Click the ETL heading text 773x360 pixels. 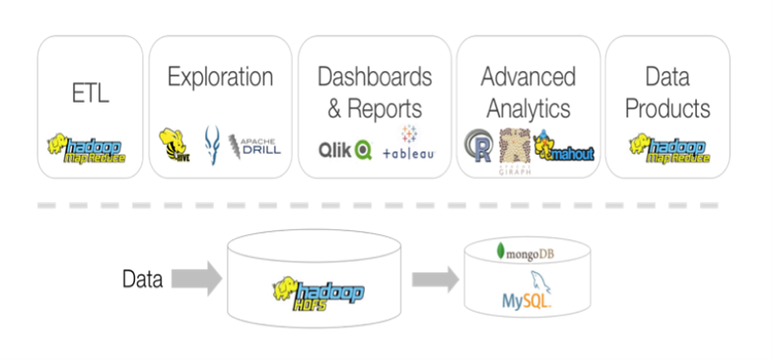[90, 94]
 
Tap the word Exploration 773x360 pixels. [220, 78]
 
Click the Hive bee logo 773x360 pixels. [172, 145]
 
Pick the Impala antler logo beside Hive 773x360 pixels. [212, 144]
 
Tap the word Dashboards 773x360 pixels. [375, 77]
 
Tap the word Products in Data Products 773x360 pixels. [668, 108]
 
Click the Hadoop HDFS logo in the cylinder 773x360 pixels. [319, 292]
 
